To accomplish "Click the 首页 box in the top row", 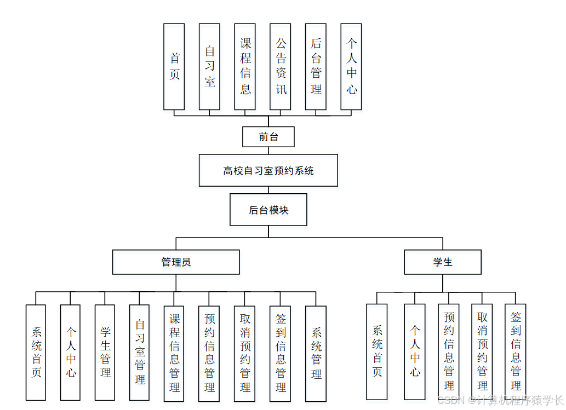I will coord(174,66).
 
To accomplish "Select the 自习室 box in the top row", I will coord(209,66).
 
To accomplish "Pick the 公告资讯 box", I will coord(280,66).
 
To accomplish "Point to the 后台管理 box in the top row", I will coord(316,66).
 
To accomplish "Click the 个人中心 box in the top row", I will coord(351,66).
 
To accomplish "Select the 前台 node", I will coord(268,137).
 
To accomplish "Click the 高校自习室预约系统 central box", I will coord(268,170).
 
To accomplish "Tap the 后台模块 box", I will coord(268,210).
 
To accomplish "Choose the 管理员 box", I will coord(176,262).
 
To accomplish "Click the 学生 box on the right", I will coord(443,262).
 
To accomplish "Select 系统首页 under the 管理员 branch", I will coord(36,352).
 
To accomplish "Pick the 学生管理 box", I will coord(105,352).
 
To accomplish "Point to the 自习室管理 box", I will coord(139,352).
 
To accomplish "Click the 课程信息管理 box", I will coord(174,353).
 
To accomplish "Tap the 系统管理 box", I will coord(316,353).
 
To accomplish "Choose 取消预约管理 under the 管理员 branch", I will coord(245,353).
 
